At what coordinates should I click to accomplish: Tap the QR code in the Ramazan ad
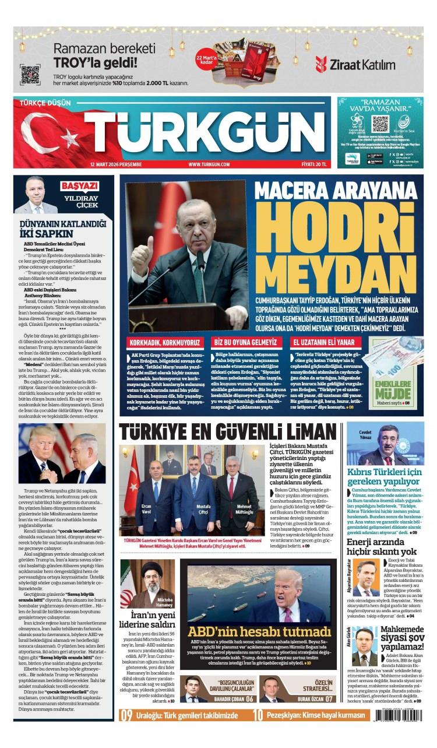30,75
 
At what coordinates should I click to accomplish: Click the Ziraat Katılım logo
355,64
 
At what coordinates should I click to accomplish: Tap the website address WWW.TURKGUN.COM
209,164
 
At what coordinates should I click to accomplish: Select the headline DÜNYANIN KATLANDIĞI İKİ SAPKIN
63,229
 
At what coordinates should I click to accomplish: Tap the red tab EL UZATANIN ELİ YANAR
323,342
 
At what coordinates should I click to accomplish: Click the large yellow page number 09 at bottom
127,716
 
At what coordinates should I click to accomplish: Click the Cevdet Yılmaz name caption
365,434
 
